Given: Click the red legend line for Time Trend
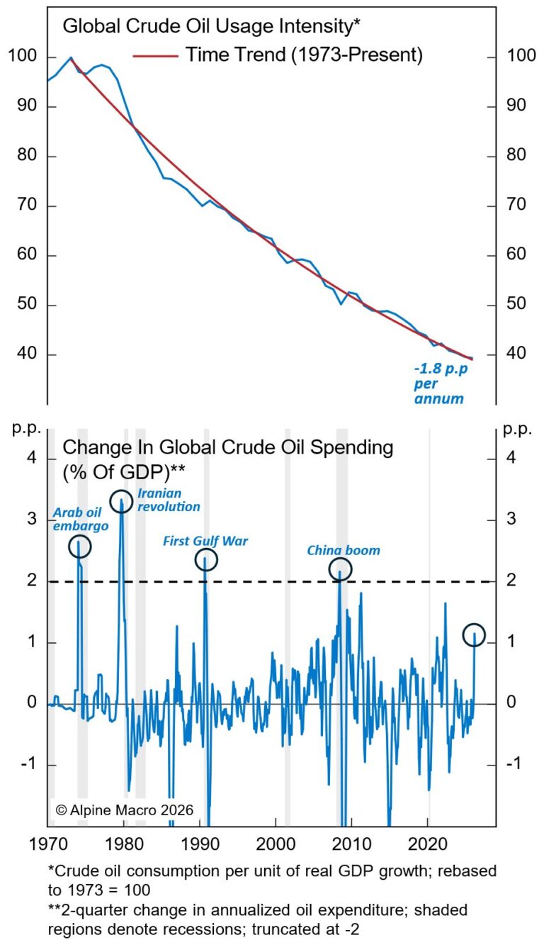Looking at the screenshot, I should [x=155, y=55].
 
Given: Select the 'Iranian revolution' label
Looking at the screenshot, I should [x=169, y=500].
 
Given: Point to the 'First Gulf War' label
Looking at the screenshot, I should [x=205, y=542].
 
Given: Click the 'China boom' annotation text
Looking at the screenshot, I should [x=344, y=550].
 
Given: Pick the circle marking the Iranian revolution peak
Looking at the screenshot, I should [x=122, y=501].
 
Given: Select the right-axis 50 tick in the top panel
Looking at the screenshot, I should [x=512, y=306].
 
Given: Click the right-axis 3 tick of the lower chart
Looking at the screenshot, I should [x=511, y=520].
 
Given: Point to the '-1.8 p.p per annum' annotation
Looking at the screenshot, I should [x=438, y=384].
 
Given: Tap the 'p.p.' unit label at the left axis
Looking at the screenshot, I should [x=24, y=429].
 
